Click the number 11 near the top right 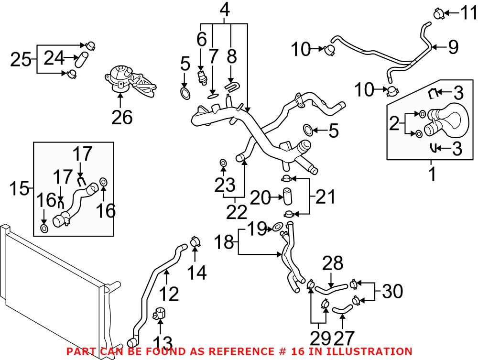[x=462, y=13]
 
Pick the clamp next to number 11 [x=438, y=13]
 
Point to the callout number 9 [x=452, y=47]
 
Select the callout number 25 [x=21, y=59]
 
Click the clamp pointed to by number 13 [x=159, y=316]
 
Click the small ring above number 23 [x=223, y=164]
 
